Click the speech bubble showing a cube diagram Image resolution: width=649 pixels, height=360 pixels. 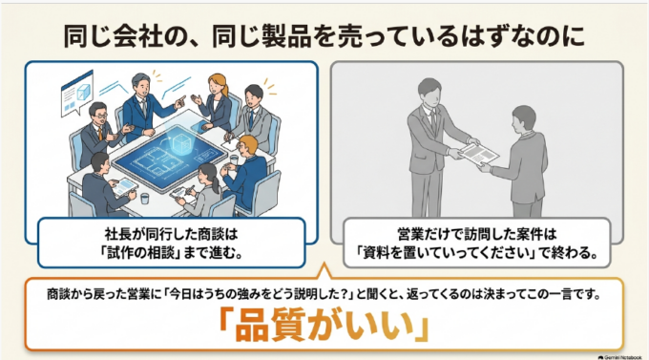coord(76,94)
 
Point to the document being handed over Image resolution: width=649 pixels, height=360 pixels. coord(479,153)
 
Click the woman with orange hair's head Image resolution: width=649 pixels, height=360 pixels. coord(219,85)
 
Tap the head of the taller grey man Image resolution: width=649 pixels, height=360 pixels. coord(430,92)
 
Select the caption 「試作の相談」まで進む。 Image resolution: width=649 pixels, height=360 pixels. coord(172,252)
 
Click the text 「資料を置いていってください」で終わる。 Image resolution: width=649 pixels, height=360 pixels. coord(477,252)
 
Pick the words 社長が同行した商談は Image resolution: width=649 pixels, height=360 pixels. coord(172,235)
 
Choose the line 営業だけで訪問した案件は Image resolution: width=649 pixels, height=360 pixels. coord(477,235)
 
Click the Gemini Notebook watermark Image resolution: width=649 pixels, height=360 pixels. coord(619,357)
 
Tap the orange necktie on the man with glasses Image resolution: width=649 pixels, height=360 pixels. coord(100,134)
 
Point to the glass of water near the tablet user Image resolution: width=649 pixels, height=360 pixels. coord(144,199)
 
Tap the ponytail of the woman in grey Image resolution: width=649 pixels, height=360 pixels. coord(215,184)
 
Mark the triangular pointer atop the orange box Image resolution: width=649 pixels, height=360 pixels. coord(324,271)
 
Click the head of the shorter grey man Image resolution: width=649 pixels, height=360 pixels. coord(524,117)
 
